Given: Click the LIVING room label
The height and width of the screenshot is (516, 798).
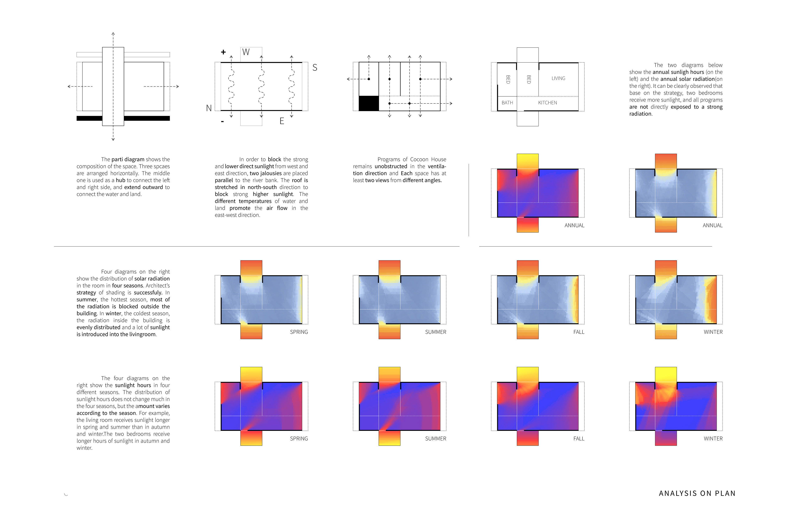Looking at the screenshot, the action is tap(558, 78).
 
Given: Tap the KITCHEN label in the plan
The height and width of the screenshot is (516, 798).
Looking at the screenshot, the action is tap(548, 103).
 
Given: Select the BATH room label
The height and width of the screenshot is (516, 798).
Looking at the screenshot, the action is tap(507, 103).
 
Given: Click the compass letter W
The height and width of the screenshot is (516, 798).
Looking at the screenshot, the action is tap(246, 52).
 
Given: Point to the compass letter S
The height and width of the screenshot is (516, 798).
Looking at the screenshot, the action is tap(314, 68).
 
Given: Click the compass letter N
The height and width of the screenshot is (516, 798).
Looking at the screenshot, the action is tap(209, 108).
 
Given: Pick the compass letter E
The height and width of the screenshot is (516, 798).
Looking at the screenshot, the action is tap(282, 121).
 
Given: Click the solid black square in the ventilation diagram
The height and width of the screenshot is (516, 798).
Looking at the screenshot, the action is tap(368, 103).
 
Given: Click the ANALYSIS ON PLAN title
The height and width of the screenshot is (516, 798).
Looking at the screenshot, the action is tap(697, 493).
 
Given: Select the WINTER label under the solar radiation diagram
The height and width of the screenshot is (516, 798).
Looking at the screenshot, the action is tap(713, 332).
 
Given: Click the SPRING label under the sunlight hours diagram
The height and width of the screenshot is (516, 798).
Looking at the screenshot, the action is tap(299, 439).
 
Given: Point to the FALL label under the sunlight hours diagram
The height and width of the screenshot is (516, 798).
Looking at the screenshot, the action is tap(579, 439).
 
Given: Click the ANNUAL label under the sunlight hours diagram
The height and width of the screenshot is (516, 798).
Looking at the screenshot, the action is tap(574, 226).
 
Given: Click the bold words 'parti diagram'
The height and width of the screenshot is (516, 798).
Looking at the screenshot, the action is tap(128, 159).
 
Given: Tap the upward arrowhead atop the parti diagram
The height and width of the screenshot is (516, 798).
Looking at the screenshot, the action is tap(113, 34).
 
